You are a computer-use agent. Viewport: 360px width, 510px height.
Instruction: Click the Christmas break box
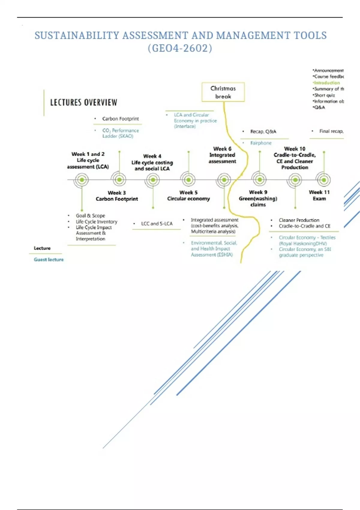[x=223, y=92]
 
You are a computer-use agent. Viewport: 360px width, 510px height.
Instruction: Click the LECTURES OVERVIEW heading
[x=84, y=103]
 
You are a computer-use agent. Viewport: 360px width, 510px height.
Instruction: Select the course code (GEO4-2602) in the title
[x=180, y=48]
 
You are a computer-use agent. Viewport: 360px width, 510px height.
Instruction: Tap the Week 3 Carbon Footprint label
[x=117, y=196]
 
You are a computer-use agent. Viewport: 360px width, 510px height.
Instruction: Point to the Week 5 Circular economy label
[x=188, y=196]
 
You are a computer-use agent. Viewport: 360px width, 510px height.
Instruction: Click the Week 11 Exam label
[x=319, y=195]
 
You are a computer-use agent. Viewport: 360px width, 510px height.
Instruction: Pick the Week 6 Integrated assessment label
[x=222, y=155]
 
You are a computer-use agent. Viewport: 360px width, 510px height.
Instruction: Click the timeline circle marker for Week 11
[x=324, y=180]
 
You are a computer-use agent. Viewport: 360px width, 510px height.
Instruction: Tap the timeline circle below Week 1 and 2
[x=82, y=180]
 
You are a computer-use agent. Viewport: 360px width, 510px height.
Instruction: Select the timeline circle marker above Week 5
[x=188, y=180]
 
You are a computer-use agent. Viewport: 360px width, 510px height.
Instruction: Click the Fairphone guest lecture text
[x=261, y=143]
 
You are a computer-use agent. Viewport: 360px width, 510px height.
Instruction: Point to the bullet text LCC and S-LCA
[x=157, y=224]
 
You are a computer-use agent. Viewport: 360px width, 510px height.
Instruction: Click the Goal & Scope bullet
[x=90, y=216]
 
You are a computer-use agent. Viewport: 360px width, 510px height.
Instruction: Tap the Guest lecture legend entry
[x=49, y=259]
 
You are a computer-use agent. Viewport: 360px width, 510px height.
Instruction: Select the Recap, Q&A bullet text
[x=263, y=132]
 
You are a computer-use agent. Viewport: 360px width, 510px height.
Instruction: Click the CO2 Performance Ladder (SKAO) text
[x=120, y=133]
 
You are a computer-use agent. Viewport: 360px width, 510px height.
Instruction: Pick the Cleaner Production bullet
[x=299, y=220]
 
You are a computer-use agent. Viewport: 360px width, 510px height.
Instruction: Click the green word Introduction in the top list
[x=327, y=83]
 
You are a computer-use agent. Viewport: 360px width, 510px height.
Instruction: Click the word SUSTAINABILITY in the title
[x=77, y=36]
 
